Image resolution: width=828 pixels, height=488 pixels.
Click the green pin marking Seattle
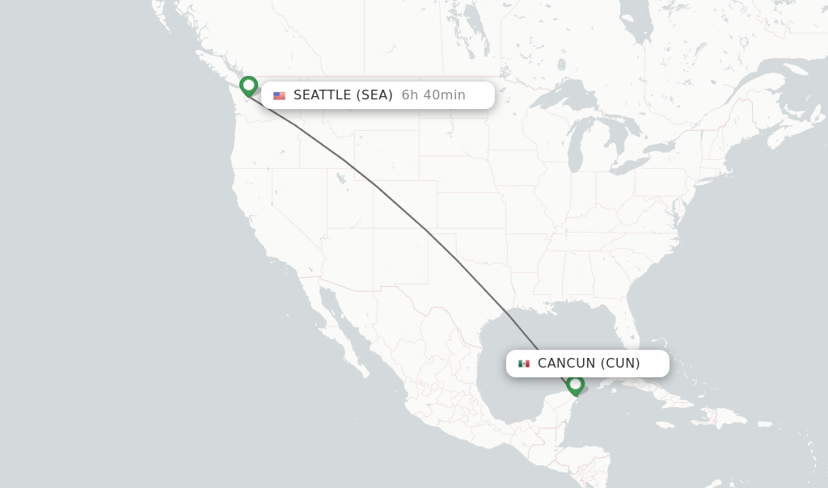248,86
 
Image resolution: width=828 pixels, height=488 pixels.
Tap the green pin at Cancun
575,384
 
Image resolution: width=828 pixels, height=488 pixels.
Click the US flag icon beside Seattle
279,95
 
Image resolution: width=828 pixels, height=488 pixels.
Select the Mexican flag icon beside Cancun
524,364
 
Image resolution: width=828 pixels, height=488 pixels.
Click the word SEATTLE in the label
323,95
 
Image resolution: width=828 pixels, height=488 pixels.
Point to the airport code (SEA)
375,95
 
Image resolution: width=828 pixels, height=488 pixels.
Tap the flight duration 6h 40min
433,95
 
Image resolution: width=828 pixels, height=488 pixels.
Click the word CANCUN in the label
567,364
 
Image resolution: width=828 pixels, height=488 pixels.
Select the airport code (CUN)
620,364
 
